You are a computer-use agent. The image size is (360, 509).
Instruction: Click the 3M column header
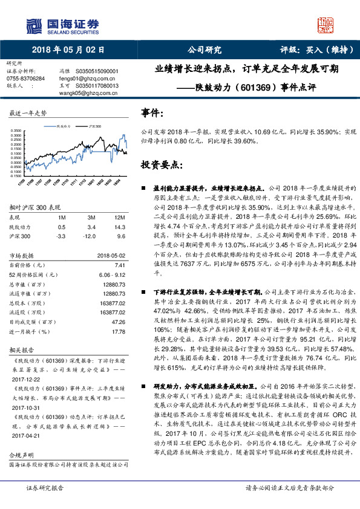point(91,216)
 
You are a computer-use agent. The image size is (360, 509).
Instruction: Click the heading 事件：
point(151,113)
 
